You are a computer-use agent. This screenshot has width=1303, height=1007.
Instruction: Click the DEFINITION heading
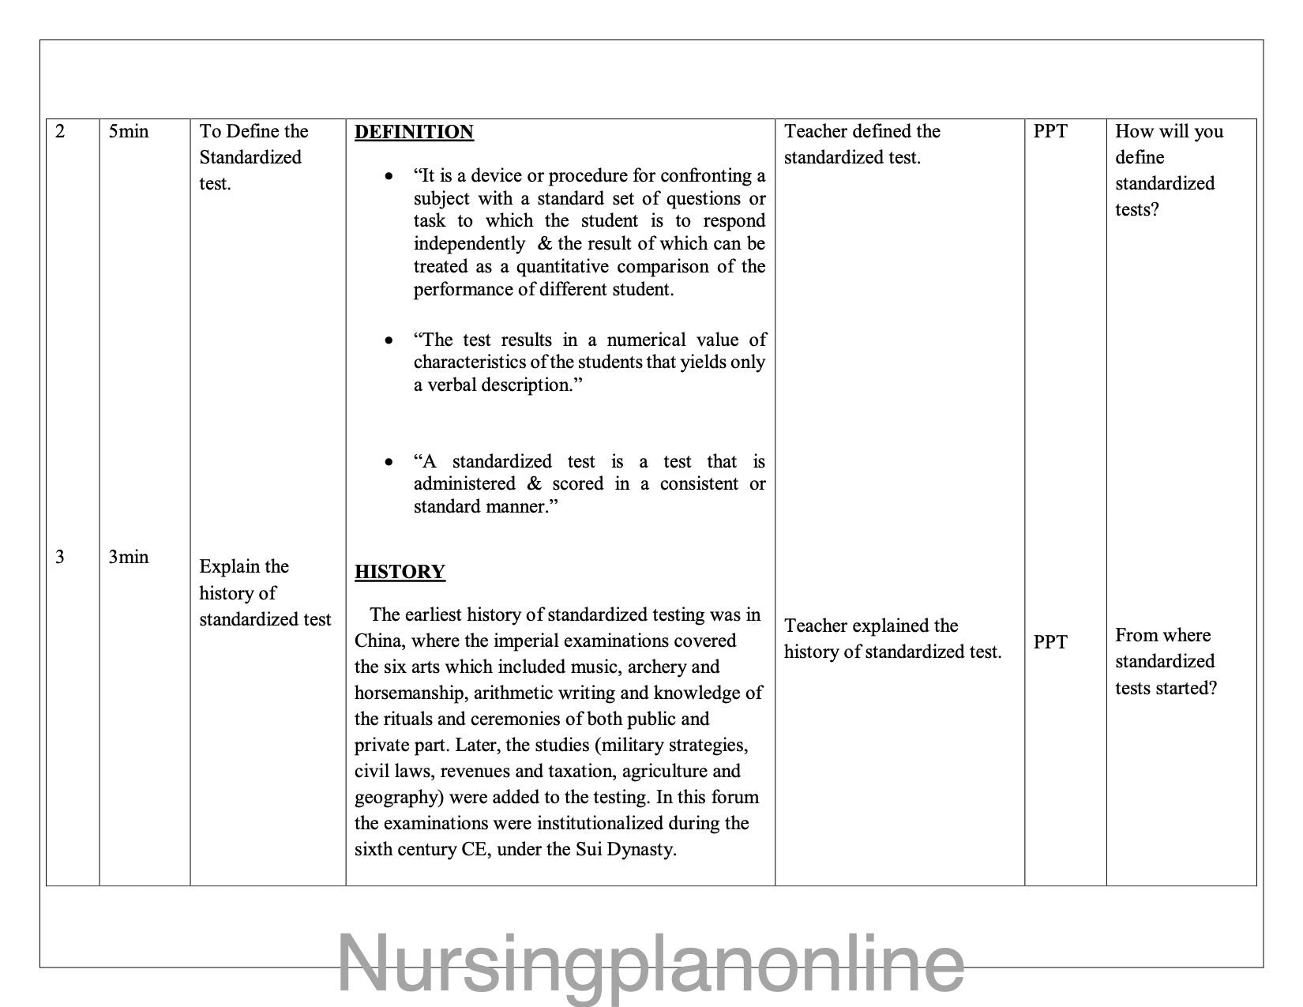click(414, 132)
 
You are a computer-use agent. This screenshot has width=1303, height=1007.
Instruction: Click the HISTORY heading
click(400, 572)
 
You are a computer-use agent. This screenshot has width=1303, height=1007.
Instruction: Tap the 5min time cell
click(129, 131)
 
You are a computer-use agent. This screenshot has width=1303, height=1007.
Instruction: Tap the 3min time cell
click(129, 557)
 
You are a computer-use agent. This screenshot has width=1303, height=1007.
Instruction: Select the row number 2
click(60, 131)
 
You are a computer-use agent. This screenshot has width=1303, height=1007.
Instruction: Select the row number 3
click(60, 557)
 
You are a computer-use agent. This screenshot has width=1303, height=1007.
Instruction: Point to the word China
click(380, 641)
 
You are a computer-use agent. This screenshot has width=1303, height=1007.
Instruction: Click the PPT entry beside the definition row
click(1050, 131)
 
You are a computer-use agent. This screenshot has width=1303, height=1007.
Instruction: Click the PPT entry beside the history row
click(1050, 642)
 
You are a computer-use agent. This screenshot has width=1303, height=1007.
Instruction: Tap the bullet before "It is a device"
click(389, 176)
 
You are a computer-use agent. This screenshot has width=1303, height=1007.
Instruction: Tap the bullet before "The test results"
click(389, 340)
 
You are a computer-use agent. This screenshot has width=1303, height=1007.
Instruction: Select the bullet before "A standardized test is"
click(389, 462)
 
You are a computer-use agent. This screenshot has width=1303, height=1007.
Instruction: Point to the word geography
click(399, 797)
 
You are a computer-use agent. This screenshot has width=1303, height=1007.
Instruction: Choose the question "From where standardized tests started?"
click(1166, 662)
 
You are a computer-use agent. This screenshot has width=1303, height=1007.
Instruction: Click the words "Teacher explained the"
click(871, 626)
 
